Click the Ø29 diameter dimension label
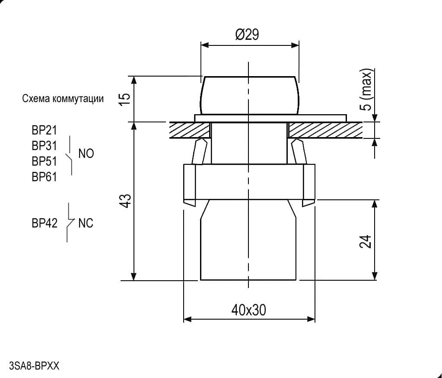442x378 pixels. [247, 35]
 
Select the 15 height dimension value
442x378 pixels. [125, 99]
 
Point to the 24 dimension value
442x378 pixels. [366, 241]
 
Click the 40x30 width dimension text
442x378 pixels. [248, 310]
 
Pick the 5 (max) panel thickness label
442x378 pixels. [366, 90]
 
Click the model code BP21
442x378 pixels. [44, 130]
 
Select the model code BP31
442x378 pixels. [44, 146]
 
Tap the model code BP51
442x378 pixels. [44, 161]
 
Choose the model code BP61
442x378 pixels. [44, 177]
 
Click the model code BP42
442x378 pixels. [44, 224]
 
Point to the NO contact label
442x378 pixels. [86, 154]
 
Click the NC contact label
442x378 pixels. [86, 224]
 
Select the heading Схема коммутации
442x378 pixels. [63, 99]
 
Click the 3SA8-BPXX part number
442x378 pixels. [35, 366]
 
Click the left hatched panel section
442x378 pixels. [190, 130]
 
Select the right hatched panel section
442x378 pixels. [325, 130]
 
